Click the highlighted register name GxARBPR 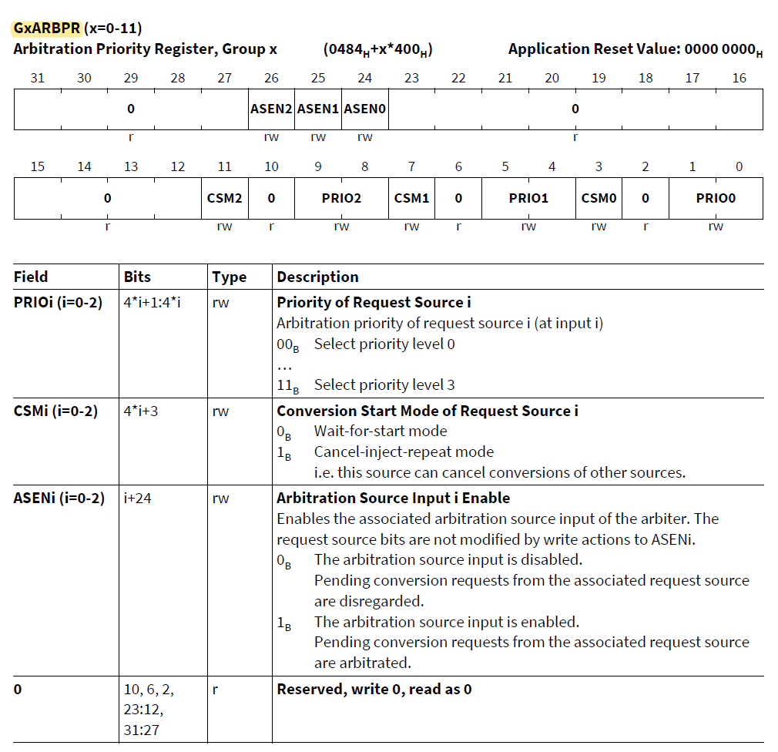point(47,29)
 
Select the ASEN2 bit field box point(271,109)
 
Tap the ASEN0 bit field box point(365,109)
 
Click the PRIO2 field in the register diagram point(341,198)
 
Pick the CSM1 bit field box point(411,198)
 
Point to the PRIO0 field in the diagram point(716,198)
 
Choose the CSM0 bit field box point(599,198)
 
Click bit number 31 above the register point(37,78)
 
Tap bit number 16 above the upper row point(739,78)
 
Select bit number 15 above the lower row point(37,166)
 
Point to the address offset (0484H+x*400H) point(377,50)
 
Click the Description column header point(317,277)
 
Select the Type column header point(229,277)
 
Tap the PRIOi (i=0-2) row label point(58,302)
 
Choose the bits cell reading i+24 point(138,498)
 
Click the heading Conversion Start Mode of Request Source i point(428,411)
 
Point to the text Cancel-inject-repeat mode point(404,452)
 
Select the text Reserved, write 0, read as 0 point(374,689)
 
